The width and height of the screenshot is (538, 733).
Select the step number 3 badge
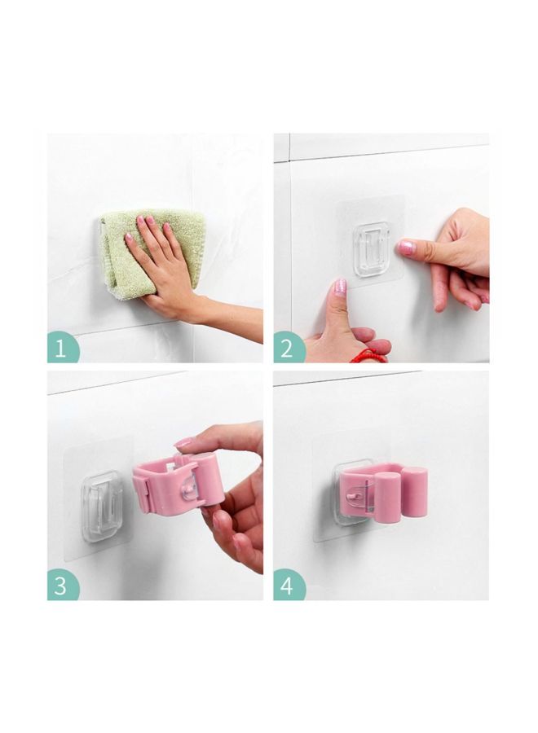tap(61, 586)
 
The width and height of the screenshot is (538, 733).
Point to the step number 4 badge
tap(288, 586)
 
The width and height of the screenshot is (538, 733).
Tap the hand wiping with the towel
tap(159, 265)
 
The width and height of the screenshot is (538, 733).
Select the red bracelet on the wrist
tap(371, 355)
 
